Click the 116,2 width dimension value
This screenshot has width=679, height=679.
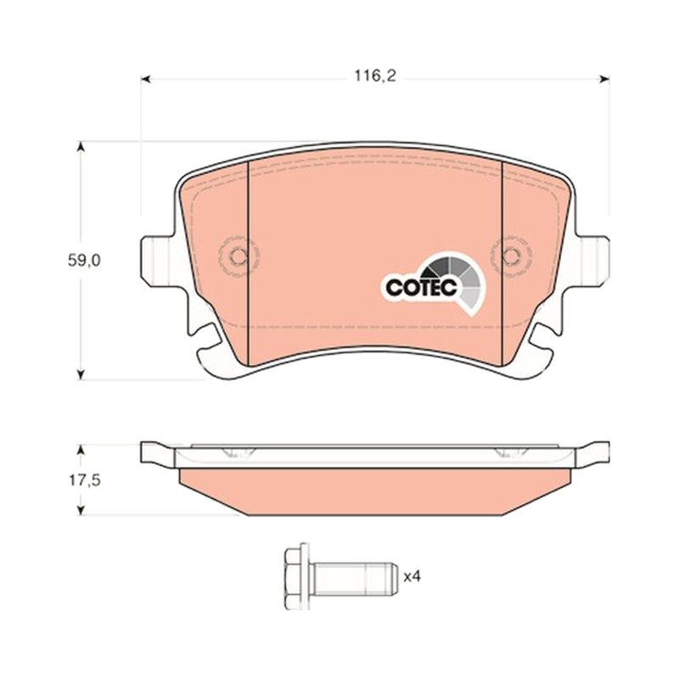coord(375,76)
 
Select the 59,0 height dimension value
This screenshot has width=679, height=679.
coord(84,261)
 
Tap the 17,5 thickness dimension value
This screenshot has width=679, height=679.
coord(84,480)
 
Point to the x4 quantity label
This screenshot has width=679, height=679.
coord(412,576)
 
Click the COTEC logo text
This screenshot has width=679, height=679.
coord(421,287)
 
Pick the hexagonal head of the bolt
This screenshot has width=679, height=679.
coord(297,576)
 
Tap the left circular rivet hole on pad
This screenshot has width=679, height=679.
coord(238,256)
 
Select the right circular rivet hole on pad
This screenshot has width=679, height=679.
coord(511,256)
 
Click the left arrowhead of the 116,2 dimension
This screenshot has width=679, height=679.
coord(146,79)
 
